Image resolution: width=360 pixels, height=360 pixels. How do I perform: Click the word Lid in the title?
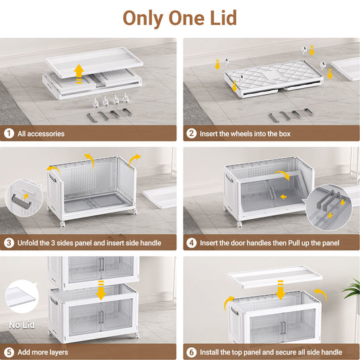(223, 18)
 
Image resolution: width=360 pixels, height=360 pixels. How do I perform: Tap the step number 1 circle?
(9, 133)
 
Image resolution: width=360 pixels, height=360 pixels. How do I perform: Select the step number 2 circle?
(192, 133)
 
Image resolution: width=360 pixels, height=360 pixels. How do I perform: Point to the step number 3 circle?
(9, 243)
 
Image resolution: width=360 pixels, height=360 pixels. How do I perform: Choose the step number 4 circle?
(192, 243)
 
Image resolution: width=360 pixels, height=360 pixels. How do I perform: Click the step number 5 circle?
(9, 352)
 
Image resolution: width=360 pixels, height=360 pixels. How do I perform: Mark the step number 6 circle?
(192, 352)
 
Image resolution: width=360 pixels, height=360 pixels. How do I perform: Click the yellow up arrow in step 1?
(79, 73)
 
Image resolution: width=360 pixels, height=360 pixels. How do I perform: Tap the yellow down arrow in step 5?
(101, 290)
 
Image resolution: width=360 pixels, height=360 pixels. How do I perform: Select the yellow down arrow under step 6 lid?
(281, 290)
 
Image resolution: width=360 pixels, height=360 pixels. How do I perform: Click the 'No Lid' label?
(22, 325)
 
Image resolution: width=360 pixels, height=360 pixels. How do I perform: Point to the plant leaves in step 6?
(351, 288)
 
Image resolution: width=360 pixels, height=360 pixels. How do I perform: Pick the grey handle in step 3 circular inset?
(22, 202)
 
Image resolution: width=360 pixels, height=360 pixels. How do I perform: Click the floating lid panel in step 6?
(275, 277)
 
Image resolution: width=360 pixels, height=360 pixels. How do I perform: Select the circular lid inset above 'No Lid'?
(22, 296)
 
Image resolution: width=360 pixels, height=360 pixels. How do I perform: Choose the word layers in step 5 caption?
(58, 353)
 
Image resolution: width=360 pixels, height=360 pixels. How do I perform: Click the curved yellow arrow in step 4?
(283, 174)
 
